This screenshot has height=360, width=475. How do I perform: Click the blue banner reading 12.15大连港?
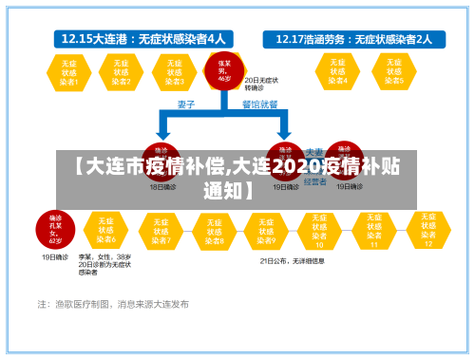coord(143,39)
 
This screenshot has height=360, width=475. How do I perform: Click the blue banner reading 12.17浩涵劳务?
coord(352,39)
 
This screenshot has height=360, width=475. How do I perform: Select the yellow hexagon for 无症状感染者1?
coord(69,71)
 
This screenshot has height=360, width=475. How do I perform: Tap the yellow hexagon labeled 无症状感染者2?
coord(122,71)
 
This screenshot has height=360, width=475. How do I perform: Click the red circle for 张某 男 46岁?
coord(224,71)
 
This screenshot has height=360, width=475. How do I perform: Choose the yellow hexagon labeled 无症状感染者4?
coord(338,71)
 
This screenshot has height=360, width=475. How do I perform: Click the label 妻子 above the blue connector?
coord(187,104)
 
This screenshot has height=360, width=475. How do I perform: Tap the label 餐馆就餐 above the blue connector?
coord(259,104)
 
